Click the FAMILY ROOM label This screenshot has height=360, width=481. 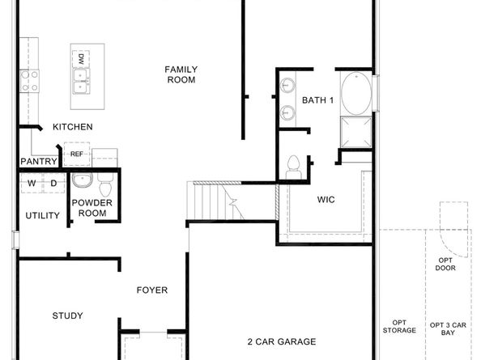pos(181,74)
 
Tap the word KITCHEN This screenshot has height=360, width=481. pos(72,127)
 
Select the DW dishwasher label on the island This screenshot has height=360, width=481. pos(81,58)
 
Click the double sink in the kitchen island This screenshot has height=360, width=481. pos(80,78)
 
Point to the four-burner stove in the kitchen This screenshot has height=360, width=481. pos(30,79)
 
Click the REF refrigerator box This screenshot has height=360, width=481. pos(77,153)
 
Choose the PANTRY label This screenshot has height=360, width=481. pos(38,162)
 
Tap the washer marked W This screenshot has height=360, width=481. pos(32,183)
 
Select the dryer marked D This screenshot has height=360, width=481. pos(53,183)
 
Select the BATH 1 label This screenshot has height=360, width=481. pos(317,100)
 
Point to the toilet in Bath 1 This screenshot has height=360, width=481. pos(294,166)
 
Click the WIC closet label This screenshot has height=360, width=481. pos(326,198)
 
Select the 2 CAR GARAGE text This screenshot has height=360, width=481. pos(281,343)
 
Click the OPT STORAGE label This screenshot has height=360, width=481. pos(399,326)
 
